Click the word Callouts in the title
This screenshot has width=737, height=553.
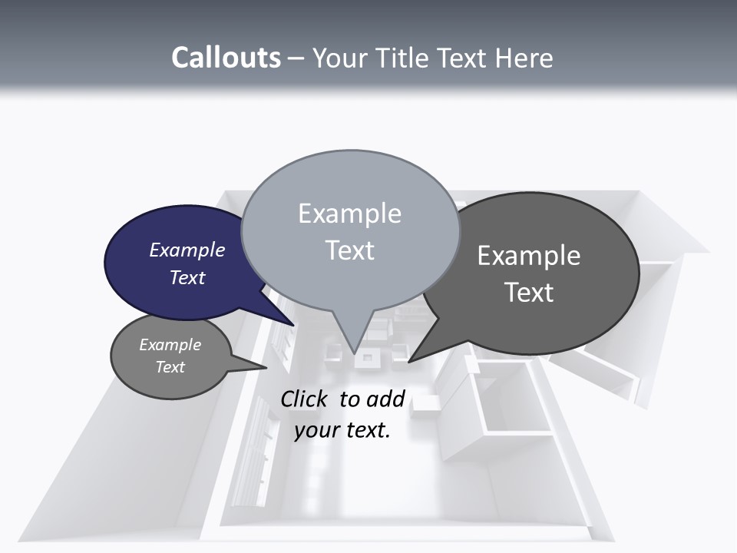[226, 58]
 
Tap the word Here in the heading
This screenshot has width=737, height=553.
[523, 58]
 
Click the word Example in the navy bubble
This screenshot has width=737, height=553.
[187, 250]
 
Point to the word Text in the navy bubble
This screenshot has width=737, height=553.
[187, 277]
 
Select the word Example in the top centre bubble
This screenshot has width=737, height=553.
[349, 214]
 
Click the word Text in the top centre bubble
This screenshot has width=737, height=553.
[349, 250]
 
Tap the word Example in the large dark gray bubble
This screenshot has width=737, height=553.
[528, 256]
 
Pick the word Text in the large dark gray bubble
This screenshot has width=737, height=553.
[528, 293]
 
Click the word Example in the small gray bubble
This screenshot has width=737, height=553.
[170, 345]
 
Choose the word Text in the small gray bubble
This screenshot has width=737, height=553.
[170, 367]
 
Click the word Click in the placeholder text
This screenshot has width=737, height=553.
[306, 399]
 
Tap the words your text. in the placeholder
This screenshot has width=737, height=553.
[342, 430]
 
